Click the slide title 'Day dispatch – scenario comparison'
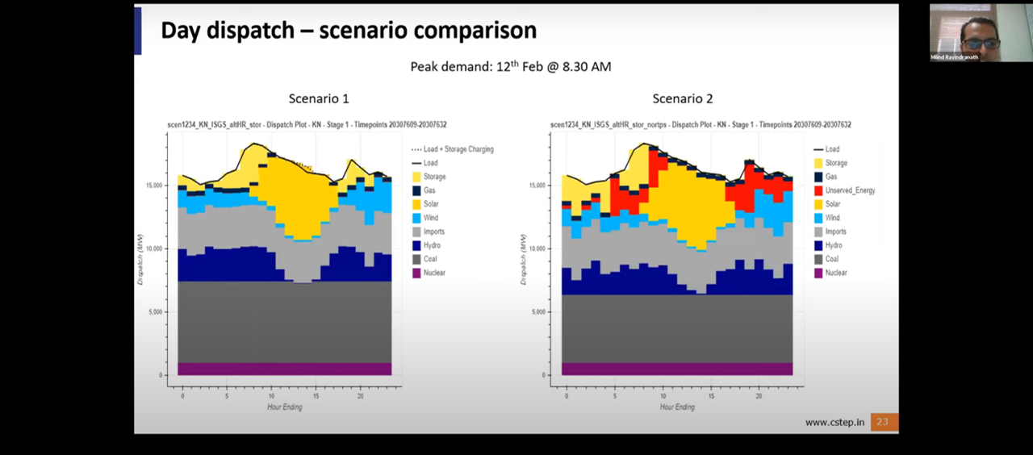coord(348,31)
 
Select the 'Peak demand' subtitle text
coord(510,67)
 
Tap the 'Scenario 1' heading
coord(319,98)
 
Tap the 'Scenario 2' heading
coord(682,98)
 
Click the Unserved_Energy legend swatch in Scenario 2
coord(819,190)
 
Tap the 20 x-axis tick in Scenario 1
coord(360,396)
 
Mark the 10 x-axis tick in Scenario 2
coord(663,396)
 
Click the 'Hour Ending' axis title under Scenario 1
coord(284,407)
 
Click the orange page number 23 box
coord(884,422)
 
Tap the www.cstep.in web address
coord(834,422)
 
